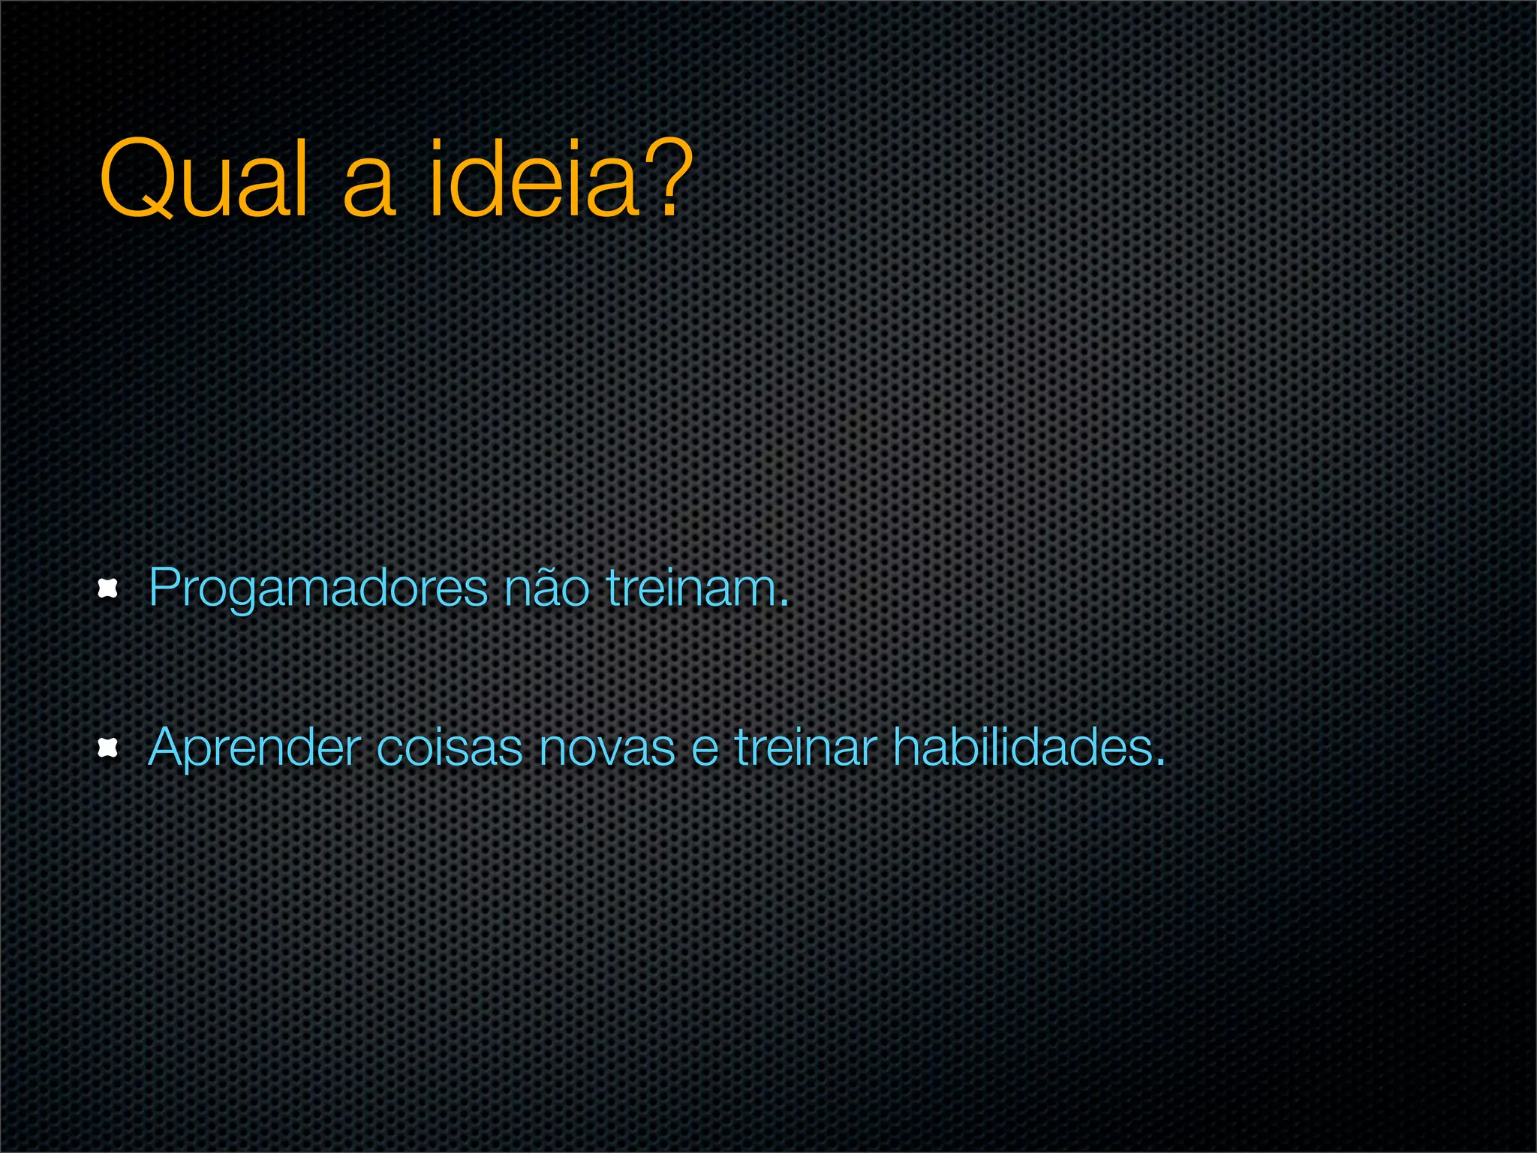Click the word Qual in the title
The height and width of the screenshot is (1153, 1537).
point(203,179)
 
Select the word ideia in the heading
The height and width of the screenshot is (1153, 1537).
point(534,179)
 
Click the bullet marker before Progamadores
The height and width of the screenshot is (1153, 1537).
point(109,589)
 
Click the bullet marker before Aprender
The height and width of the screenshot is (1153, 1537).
point(109,748)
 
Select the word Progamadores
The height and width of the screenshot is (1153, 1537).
point(318,590)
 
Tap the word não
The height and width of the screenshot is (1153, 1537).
point(547,589)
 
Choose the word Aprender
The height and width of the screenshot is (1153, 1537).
point(254,749)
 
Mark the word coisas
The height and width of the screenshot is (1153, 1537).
point(449,748)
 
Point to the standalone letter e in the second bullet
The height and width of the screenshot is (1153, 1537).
point(705,751)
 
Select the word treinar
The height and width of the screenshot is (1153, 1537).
point(805,748)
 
